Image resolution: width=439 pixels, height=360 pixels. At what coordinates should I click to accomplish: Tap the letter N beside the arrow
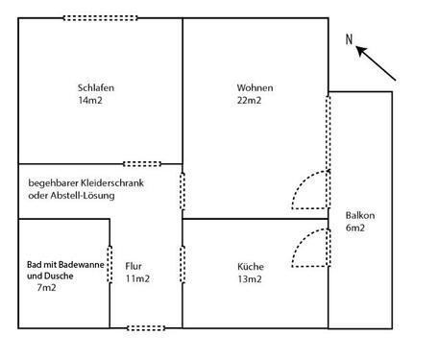click(351, 39)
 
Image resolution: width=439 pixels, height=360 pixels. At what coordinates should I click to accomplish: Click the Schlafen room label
click(97, 87)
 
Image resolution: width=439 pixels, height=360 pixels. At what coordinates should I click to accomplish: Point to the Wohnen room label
click(254, 87)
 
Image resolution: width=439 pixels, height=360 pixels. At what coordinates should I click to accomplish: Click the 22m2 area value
click(250, 100)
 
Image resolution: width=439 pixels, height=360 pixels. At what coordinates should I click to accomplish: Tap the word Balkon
click(347, 215)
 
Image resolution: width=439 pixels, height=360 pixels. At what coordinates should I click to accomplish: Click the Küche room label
click(251, 267)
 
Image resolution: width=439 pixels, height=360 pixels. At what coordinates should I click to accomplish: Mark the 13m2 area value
click(251, 279)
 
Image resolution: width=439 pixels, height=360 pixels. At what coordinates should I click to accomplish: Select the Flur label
click(134, 267)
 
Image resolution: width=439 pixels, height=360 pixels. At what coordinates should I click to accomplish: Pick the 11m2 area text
click(136, 279)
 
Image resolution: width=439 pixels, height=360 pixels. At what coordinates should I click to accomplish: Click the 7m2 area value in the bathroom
click(47, 287)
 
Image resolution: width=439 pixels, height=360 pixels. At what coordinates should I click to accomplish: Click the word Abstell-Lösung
click(85, 197)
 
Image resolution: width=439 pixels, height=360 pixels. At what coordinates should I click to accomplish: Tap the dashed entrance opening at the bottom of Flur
click(146, 328)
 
